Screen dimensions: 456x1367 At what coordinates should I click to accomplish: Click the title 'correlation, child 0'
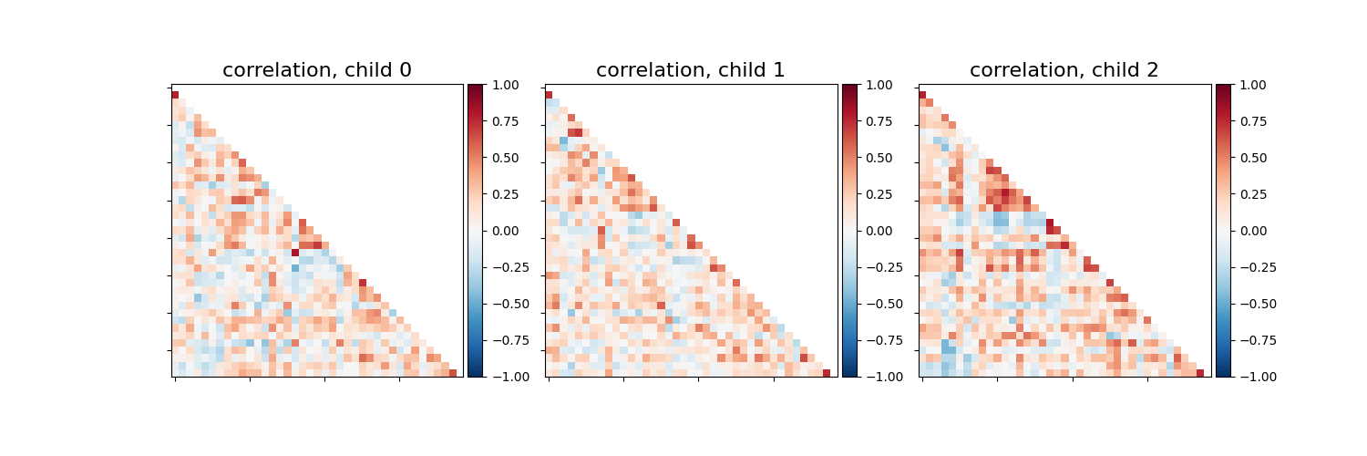tap(317, 70)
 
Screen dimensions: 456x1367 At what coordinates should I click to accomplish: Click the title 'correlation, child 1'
tap(691, 70)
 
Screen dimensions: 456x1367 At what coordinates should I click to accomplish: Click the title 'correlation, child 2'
tap(1064, 70)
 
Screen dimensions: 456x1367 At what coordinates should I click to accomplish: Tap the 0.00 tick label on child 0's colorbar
tap(507, 231)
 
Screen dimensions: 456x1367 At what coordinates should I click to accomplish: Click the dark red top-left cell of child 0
tap(175, 95)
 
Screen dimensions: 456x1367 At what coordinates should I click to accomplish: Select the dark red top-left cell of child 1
tap(549, 95)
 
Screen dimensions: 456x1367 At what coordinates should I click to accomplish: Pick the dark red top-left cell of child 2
tap(922, 95)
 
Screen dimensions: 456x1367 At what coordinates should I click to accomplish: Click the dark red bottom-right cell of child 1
tap(827, 373)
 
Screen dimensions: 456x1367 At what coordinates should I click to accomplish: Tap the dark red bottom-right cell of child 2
tap(1200, 373)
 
